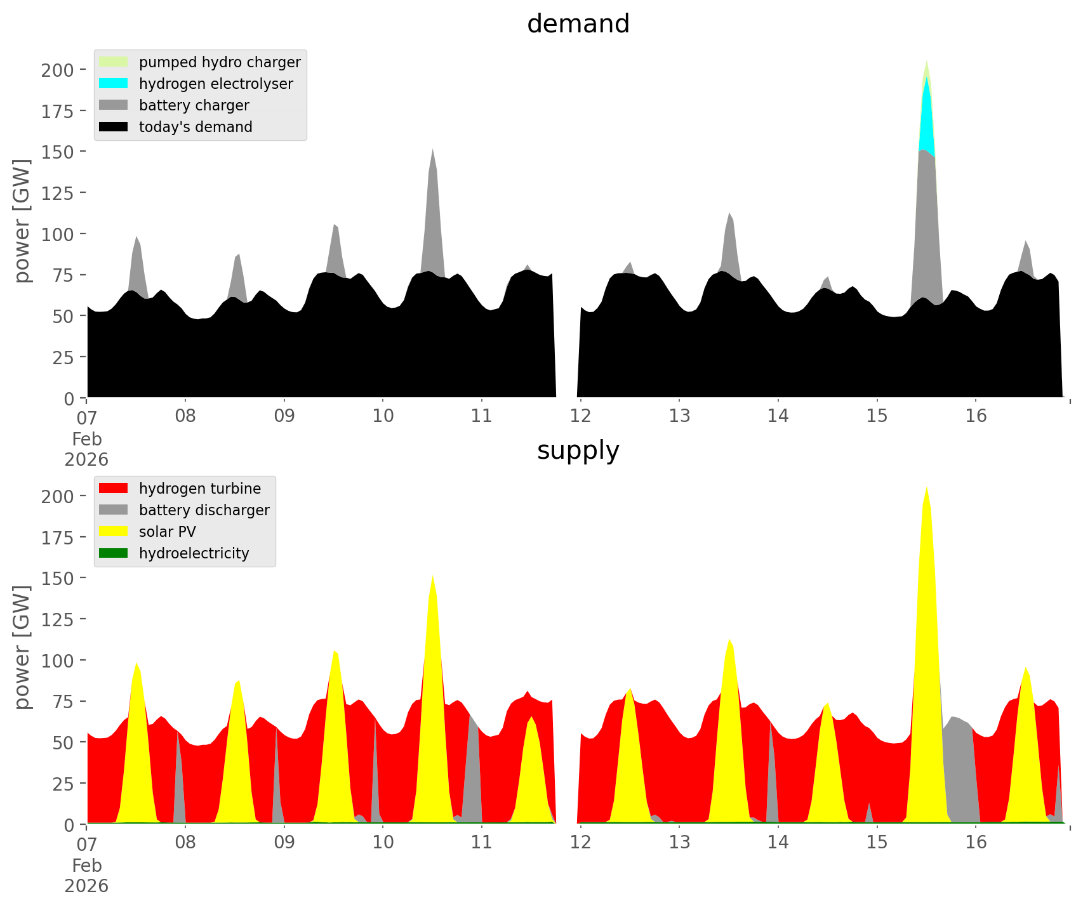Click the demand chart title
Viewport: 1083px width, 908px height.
click(578, 24)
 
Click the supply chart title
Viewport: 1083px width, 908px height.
click(578, 451)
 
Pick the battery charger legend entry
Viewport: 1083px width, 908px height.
click(194, 105)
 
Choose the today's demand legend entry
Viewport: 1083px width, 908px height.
click(195, 127)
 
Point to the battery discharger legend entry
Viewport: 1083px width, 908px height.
click(204, 510)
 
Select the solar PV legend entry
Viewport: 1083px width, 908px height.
click(167, 532)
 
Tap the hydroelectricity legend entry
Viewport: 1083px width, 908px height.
click(194, 553)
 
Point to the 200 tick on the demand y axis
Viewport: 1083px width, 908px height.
click(57, 70)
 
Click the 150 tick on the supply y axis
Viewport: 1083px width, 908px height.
click(57, 579)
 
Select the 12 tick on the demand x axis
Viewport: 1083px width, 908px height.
click(580, 416)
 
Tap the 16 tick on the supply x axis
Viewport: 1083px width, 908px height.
click(976, 843)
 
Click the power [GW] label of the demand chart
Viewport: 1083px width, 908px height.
click(22, 221)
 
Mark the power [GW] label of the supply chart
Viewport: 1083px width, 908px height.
click(22, 647)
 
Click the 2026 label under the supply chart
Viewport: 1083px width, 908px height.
click(86, 886)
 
